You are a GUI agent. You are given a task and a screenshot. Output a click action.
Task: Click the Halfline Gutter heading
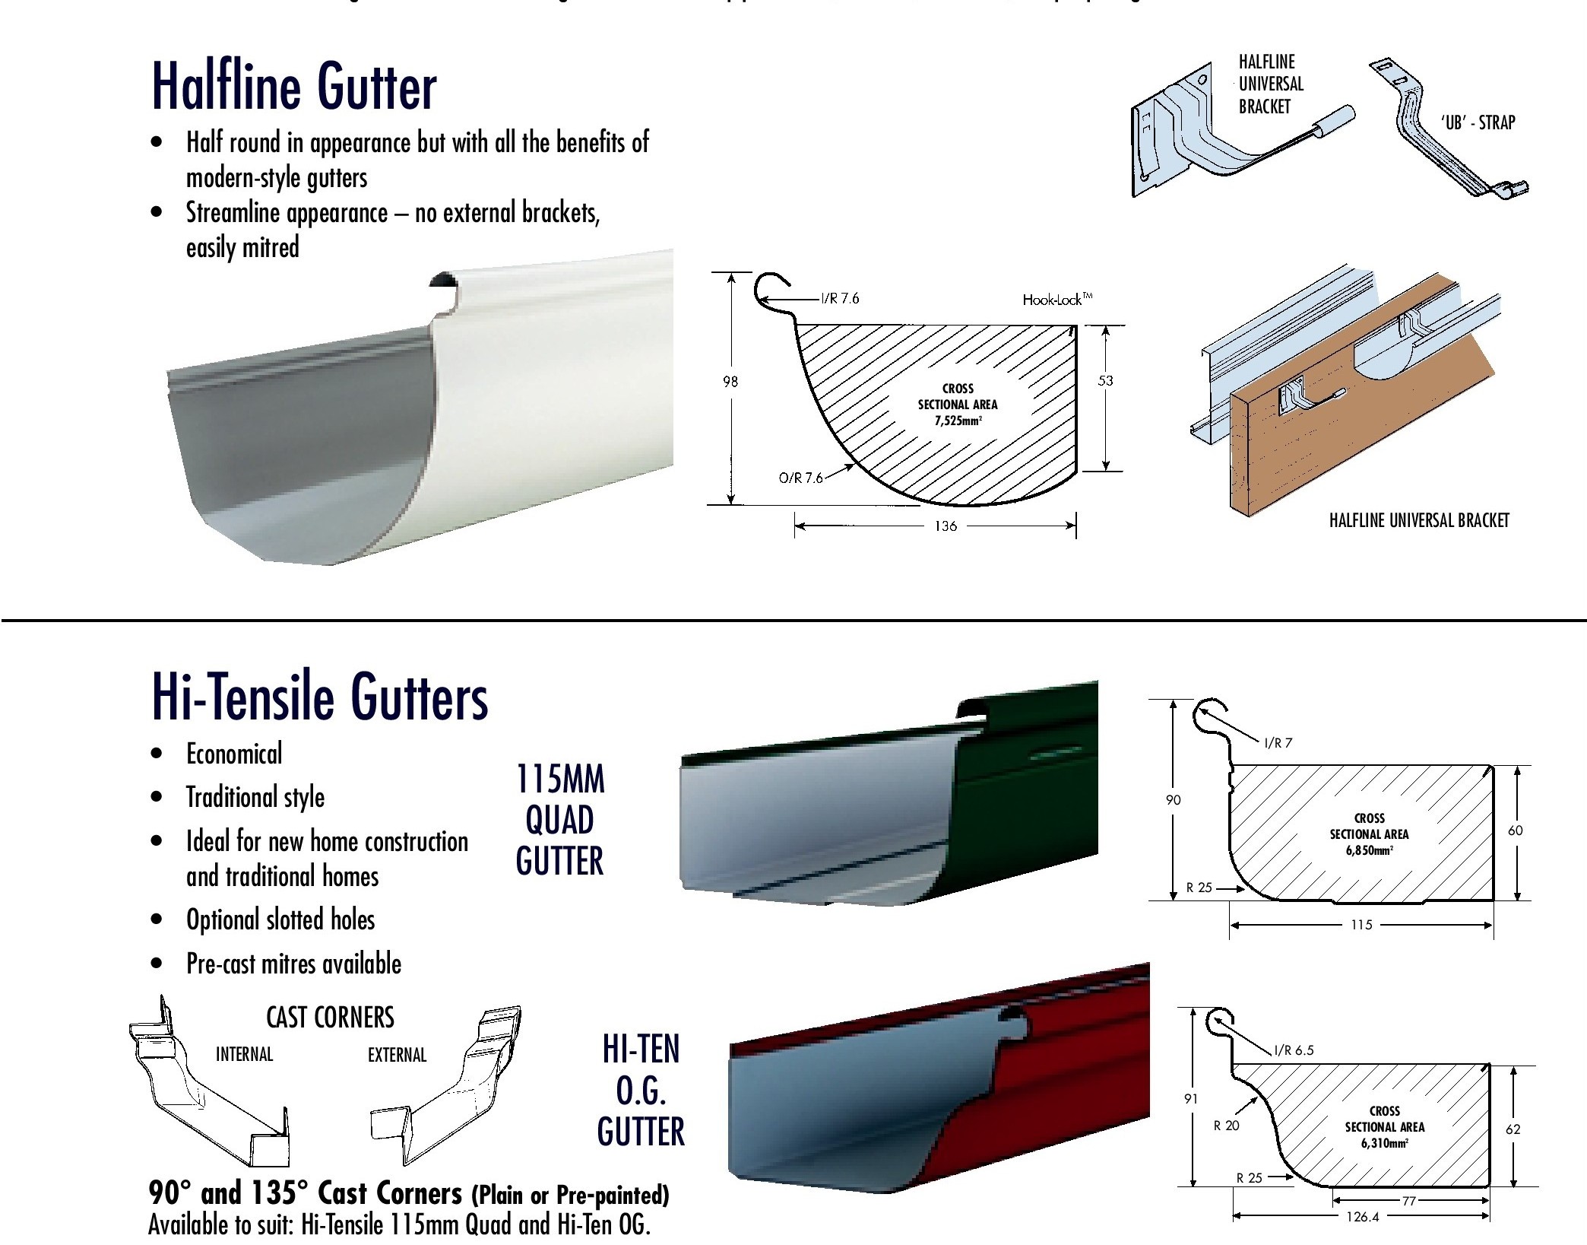294,87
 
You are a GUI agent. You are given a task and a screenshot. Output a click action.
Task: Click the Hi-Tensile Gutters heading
319,697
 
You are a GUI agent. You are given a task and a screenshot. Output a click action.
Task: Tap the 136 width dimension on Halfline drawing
946,526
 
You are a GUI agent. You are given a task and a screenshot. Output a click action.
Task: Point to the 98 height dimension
730,382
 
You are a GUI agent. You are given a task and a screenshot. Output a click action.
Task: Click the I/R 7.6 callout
840,298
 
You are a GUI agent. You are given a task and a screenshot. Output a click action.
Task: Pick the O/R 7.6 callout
801,478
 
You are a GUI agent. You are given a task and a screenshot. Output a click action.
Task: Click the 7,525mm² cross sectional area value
958,421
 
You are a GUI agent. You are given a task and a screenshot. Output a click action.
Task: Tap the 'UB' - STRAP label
1478,122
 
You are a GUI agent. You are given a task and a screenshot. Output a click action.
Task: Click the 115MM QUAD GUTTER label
560,820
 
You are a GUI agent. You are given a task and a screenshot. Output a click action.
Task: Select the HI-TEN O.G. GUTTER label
641,1091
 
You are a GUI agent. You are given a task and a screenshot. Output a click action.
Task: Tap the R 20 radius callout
1226,1126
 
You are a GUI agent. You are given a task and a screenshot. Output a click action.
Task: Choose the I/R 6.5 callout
1294,1051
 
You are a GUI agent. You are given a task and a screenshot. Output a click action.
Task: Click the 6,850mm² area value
1369,850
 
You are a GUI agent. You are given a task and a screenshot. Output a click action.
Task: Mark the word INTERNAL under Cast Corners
244,1054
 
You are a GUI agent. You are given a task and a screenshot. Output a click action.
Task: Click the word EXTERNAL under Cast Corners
397,1055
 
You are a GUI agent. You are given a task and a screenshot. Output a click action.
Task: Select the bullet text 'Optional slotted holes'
280,919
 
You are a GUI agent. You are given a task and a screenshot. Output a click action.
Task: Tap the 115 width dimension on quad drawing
1361,925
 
